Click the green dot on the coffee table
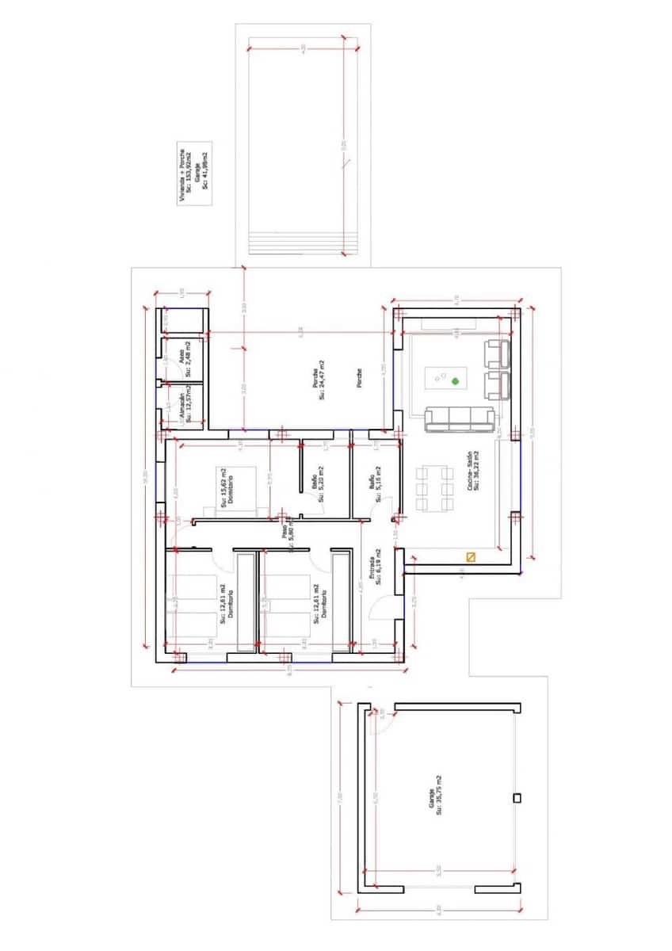(x=456, y=382)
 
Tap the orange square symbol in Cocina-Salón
(x=471, y=557)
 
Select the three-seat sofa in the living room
(x=460, y=418)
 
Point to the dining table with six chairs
(x=433, y=489)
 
